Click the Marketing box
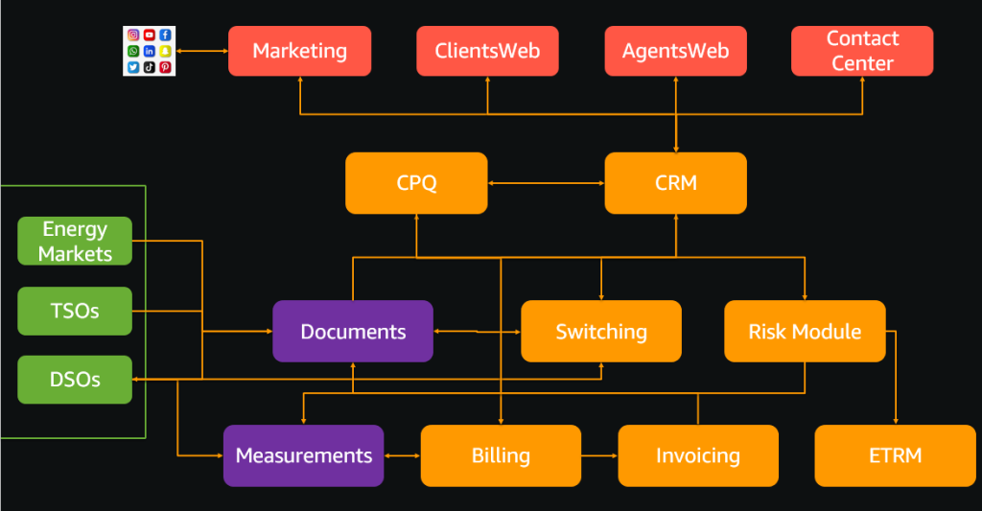299,51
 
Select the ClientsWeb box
487,51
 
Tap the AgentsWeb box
675,51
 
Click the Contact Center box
862,51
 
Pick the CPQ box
416,183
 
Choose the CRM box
675,183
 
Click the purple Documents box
353,332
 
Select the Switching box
601,332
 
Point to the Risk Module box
805,332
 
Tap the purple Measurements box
304,455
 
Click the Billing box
501,455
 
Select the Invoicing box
697,455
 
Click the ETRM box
895,455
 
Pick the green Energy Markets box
75,241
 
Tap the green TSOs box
75,311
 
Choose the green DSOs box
75,380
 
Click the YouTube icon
150,35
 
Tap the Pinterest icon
166,67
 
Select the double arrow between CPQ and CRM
547,183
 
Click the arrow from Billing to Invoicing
599,455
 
